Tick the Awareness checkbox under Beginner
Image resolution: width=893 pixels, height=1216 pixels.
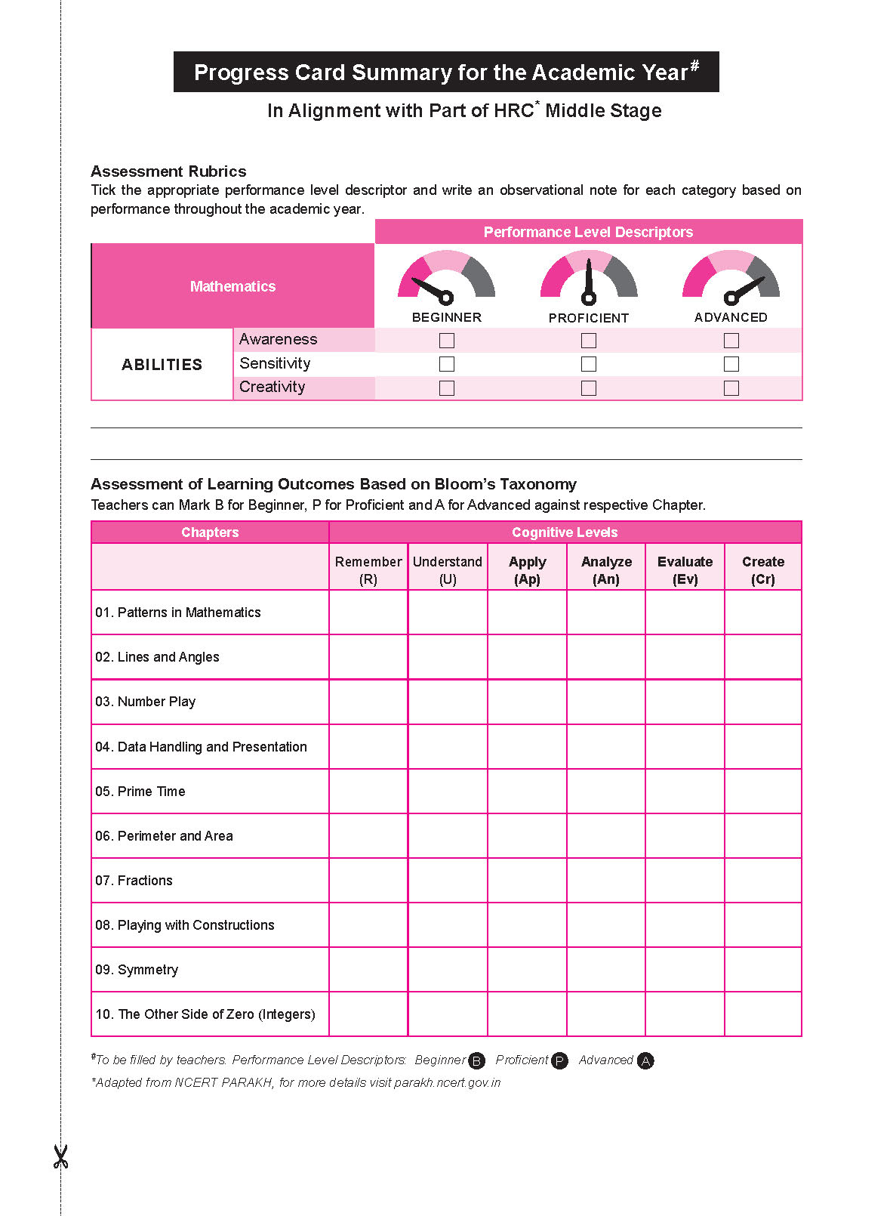coord(447,341)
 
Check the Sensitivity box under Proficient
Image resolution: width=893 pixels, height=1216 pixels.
coord(589,364)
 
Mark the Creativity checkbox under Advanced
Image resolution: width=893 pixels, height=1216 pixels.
coord(731,388)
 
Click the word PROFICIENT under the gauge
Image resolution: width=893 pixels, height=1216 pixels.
coord(589,318)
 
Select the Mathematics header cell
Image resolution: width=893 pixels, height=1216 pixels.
coord(232,286)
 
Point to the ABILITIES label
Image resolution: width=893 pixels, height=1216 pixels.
coord(162,365)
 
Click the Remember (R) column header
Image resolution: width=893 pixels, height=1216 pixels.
coord(368,570)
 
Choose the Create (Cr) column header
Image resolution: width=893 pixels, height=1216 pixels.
coord(762,570)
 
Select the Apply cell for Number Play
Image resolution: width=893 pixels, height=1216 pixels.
coord(527,702)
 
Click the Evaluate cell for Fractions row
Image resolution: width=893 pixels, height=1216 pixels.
coord(685,881)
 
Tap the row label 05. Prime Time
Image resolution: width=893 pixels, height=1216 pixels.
coord(140,792)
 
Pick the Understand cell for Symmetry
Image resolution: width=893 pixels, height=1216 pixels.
coord(448,970)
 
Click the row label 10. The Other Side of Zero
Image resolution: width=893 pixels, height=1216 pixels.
coord(205,1014)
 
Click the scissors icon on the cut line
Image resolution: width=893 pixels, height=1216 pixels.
coord(60,1156)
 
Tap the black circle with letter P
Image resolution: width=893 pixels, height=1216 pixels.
coord(559,1061)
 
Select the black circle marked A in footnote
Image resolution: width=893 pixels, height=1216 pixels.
coord(645,1061)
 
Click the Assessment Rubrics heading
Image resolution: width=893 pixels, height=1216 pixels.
coord(168,171)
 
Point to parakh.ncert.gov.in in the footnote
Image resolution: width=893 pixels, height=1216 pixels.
coord(447,1082)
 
